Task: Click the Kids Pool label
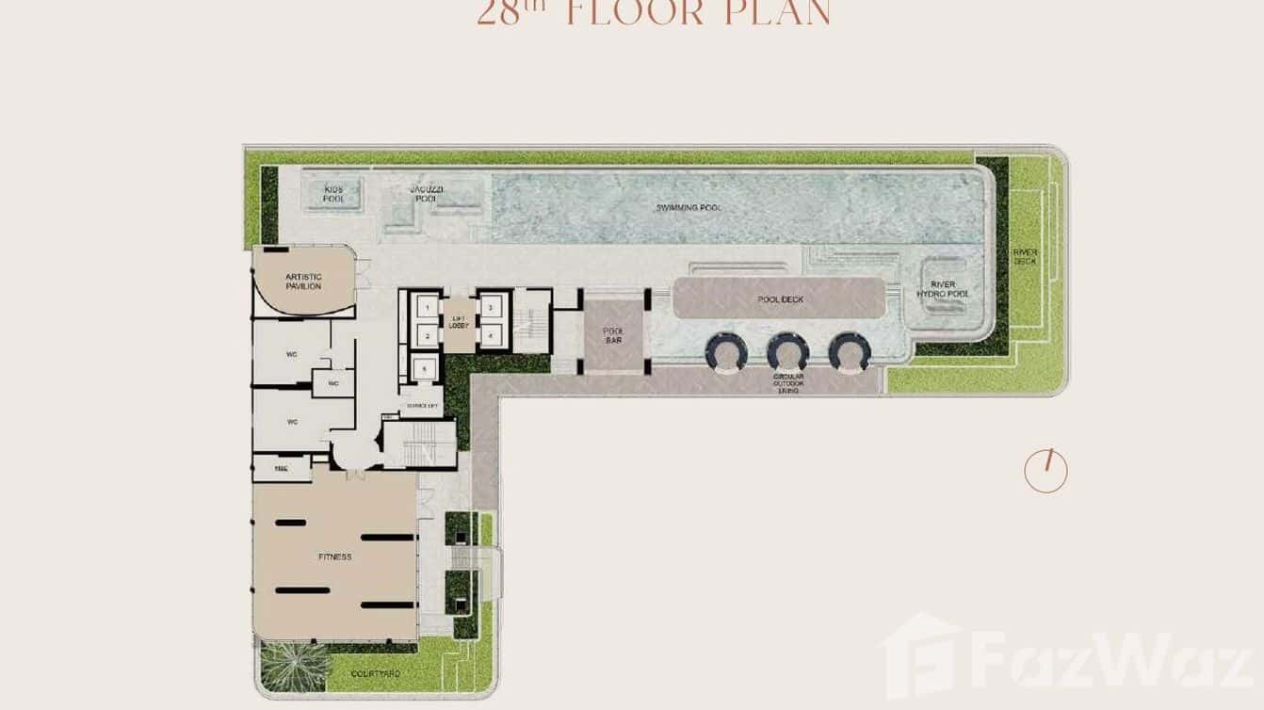pyautogui.click(x=333, y=194)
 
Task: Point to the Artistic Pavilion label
pyautogui.click(x=303, y=281)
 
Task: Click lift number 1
pyautogui.click(x=428, y=308)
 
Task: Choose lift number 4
pyautogui.click(x=491, y=335)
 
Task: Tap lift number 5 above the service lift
pyautogui.click(x=427, y=367)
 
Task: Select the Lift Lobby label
pyautogui.click(x=459, y=322)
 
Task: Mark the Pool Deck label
pyautogui.click(x=780, y=299)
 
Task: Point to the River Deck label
pyautogui.click(x=1025, y=256)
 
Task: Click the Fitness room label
pyautogui.click(x=334, y=557)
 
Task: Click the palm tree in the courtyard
pyautogui.click(x=283, y=665)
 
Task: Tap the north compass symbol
pyautogui.click(x=1045, y=471)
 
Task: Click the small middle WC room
pyautogui.click(x=332, y=383)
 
